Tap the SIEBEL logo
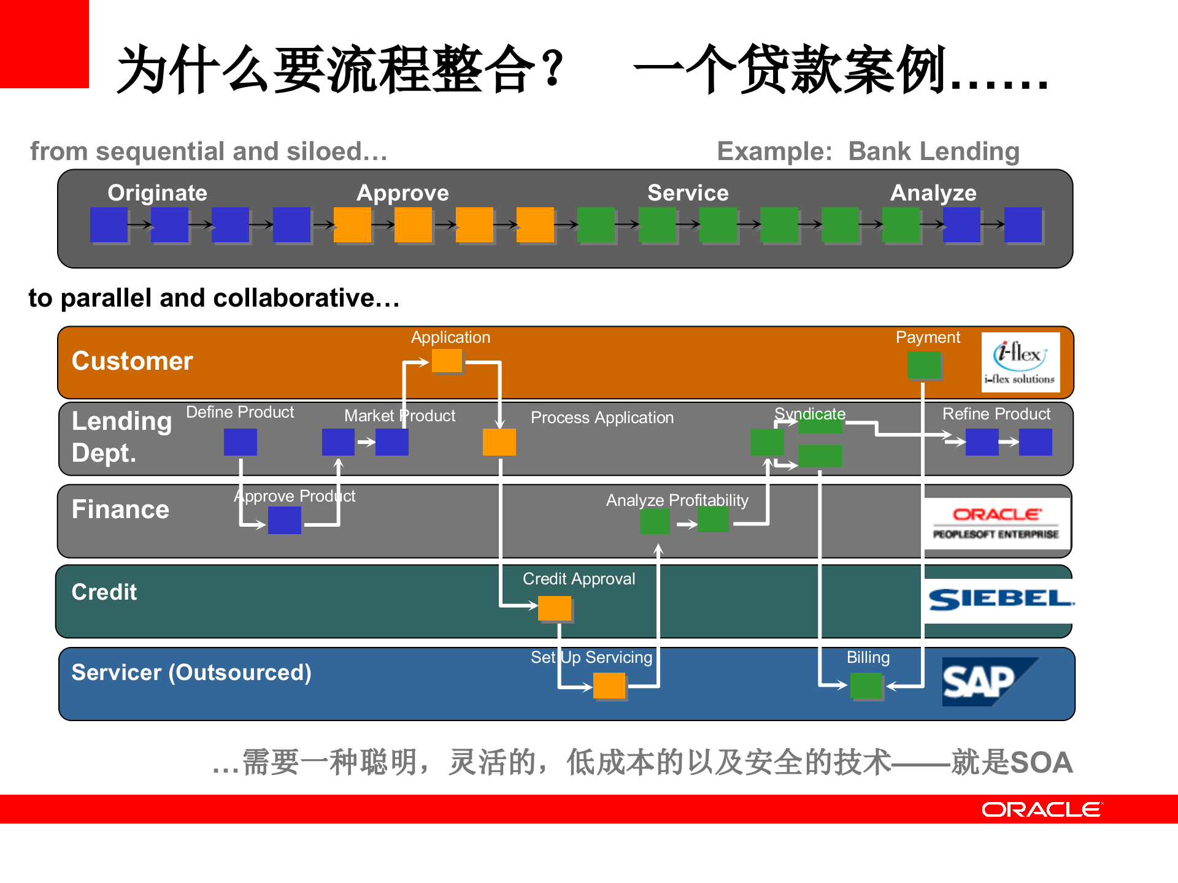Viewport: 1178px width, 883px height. [1000, 599]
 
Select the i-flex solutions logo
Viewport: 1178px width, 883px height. [1020, 362]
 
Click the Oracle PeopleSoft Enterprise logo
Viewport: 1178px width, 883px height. [996, 523]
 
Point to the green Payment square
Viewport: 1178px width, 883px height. [924, 365]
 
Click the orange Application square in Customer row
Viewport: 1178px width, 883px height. [447, 361]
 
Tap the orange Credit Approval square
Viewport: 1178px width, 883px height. [555, 608]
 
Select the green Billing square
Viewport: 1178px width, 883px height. [866, 686]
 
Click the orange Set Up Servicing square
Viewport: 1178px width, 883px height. [609, 686]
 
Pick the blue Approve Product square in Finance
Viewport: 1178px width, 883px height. [285, 521]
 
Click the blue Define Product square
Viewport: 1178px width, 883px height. [241, 442]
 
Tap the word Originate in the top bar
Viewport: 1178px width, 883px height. [158, 193]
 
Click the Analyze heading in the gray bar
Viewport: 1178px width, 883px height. [933, 193]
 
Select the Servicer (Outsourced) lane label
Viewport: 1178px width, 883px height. [191, 673]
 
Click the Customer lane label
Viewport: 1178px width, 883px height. [133, 361]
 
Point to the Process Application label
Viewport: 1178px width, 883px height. [602, 418]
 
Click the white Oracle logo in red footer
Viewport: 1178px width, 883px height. [1041, 809]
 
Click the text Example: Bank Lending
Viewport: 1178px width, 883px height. [868, 151]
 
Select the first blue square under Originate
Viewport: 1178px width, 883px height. [109, 224]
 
